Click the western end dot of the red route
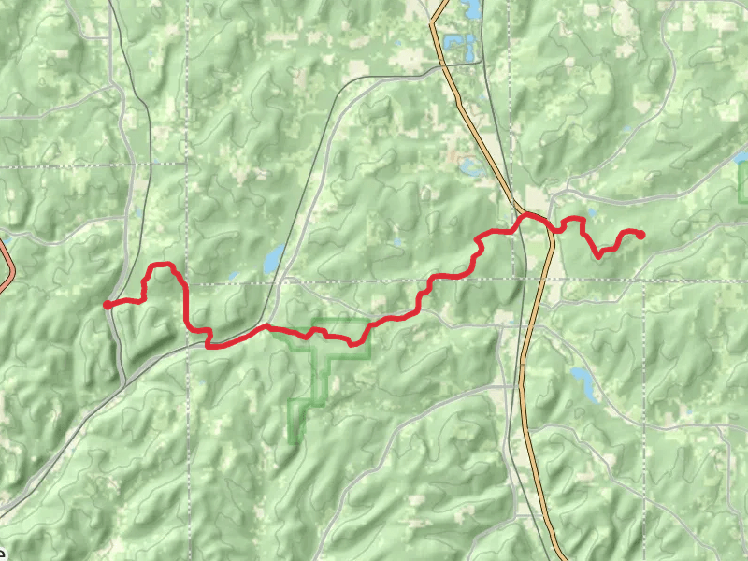click(108, 304)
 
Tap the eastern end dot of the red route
click(641, 234)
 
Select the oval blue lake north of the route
click(273, 259)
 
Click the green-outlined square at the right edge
click(743, 182)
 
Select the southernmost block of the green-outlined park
click(298, 420)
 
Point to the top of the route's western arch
click(162, 265)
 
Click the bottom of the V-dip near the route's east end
click(599, 253)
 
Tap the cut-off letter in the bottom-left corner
click(3, 553)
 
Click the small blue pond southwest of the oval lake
click(233, 276)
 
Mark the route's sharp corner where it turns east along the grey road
click(209, 345)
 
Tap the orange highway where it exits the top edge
click(434, 3)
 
